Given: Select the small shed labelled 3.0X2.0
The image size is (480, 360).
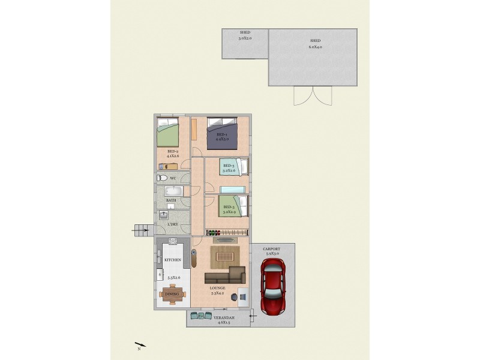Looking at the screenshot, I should point(245,44).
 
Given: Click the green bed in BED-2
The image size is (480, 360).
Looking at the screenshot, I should point(168,132).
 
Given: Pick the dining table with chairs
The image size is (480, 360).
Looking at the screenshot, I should point(173,293).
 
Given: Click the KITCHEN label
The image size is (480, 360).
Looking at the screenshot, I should point(173,260).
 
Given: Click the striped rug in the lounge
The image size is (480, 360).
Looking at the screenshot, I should point(226,257).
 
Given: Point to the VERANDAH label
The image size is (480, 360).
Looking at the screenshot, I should point(218,318).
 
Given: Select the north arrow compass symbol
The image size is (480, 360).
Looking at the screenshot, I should point(140,345).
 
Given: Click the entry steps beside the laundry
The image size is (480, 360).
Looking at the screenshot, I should point(142,229).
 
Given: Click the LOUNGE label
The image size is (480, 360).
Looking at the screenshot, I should point(217,289).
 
